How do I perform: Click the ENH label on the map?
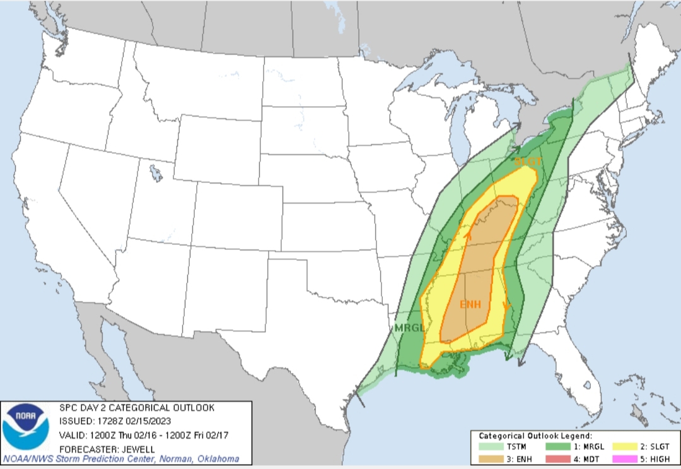(470, 304)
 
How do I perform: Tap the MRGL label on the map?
(409, 328)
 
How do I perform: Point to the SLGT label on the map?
(528, 162)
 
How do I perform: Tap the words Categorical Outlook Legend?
(535, 436)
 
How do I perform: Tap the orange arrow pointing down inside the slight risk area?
(506, 307)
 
